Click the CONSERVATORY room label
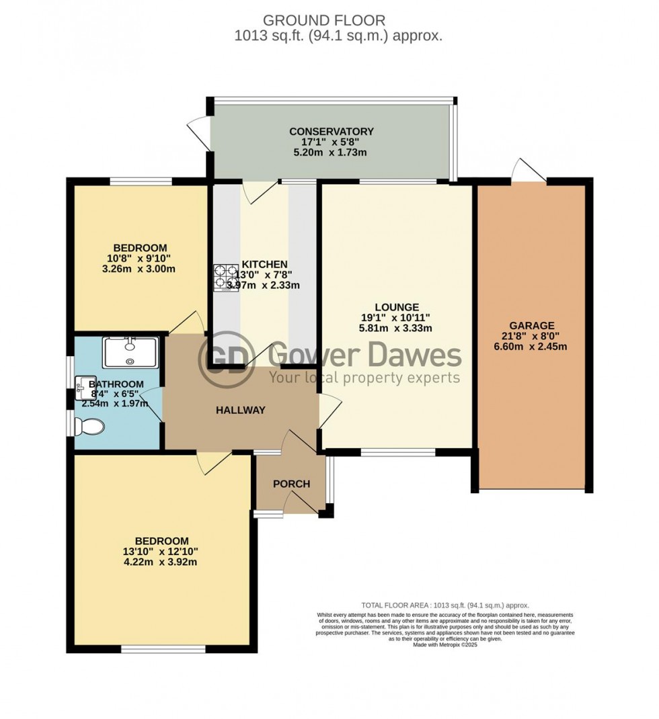[331, 131]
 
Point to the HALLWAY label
[241, 411]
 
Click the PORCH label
[291, 484]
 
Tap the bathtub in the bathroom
[130, 352]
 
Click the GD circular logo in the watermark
[225, 356]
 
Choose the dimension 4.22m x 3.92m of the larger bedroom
[161, 562]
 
